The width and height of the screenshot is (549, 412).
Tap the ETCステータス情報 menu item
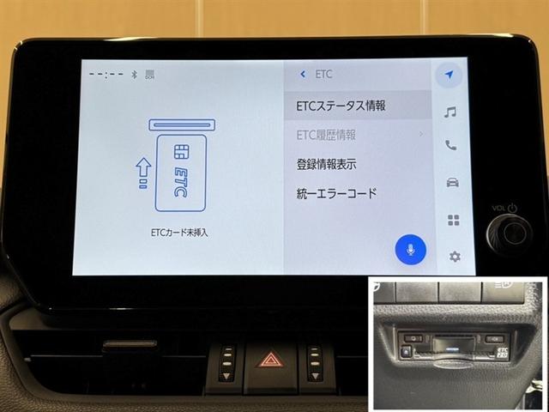341,106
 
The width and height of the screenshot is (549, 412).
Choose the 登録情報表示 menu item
326,164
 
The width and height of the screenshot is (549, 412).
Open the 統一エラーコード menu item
335,194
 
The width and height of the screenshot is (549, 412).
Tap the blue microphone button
411,249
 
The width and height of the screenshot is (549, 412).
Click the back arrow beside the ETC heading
302,75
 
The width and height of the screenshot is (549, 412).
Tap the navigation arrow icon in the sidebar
448,75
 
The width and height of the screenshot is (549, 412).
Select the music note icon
449,111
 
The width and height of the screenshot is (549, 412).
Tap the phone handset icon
450,146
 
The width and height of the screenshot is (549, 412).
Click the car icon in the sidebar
451,182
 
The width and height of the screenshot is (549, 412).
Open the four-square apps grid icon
453,220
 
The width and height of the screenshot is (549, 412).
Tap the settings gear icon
455,256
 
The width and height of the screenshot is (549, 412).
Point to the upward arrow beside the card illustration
143,167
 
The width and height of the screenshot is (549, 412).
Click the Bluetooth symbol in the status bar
134,74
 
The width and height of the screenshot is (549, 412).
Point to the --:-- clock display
106,74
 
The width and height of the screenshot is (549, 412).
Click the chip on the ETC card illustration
180,153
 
